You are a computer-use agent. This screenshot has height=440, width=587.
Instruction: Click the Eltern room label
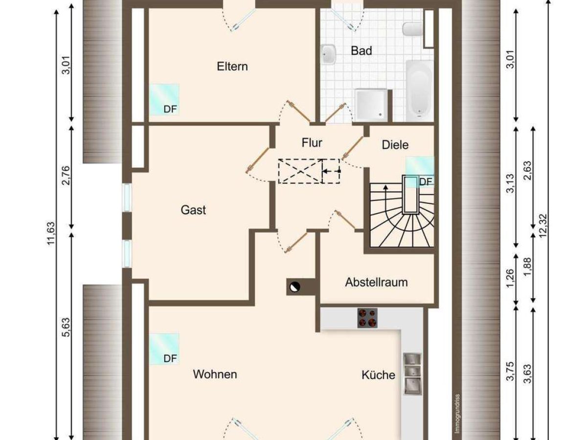pyautogui.click(x=232, y=66)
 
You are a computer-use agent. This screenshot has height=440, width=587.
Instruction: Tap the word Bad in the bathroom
pyautogui.click(x=361, y=51)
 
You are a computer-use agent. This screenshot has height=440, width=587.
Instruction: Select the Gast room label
pyautogui.click(x=193, y=210)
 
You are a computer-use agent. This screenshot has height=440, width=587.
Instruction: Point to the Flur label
pyautogui.click(x=312, y=143)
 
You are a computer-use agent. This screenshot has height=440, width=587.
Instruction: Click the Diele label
pyautogui.click(x=395, y=145)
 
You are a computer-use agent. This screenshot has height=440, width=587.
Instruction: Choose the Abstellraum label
pyautogui.click(x=376, y=283)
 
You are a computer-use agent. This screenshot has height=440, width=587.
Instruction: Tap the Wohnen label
pyautogui.click(x=215, y=374)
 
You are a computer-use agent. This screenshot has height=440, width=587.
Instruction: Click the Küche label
pyautogui.click(x=378, y=375)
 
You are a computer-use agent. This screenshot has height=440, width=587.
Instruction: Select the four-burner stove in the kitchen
pyautogui.click(x=367, y=318)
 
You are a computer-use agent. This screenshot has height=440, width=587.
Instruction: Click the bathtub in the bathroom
pyautogui.click(x=419, y=91)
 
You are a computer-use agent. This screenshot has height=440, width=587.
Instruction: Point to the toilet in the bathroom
pyautogui.click(x=412, y=29)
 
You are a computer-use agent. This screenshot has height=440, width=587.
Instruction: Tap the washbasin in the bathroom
pyautogui.click(x=329, y=54)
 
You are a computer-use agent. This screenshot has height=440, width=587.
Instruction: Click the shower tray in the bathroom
pyautogui.click(x=371, y=105)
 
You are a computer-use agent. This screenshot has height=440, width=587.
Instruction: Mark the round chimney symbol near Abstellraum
pyautogui.click(x=295, y=287)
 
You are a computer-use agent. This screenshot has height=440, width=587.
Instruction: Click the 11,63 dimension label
pyautogui.click(x=51, y=233)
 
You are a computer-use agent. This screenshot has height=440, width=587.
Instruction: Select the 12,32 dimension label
pyautogui.click(x=543, y=226)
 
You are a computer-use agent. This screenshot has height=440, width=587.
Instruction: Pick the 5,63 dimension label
pyautogui.click(x=66, y=327)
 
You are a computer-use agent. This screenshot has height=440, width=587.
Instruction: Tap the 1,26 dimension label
pyautogui.click(x=510, y=278)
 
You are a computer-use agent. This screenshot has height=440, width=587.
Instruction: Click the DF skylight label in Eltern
pyautogui.click(x=170, y=109)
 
